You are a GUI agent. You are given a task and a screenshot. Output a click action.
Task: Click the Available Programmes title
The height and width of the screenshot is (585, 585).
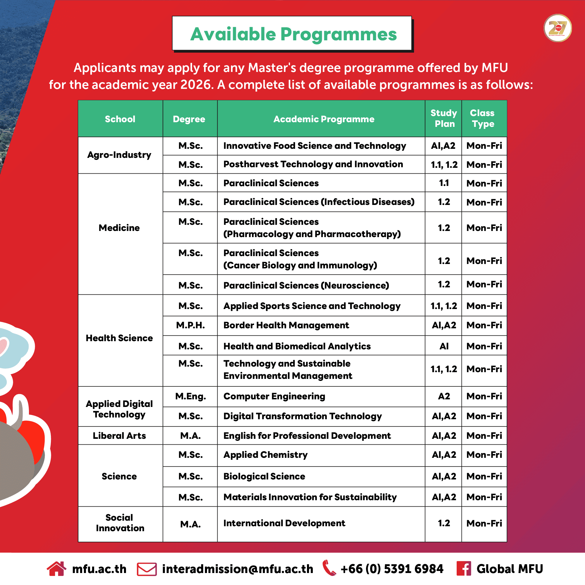pos(293,34)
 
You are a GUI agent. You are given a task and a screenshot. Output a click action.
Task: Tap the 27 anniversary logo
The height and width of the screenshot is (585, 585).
pos(558,28)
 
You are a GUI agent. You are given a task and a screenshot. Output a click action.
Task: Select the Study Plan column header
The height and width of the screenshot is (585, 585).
pos(444,118)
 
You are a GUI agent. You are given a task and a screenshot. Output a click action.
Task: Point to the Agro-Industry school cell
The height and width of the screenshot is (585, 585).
pos(119,155)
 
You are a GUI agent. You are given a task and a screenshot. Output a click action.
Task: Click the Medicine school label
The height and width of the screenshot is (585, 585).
pos(119,228)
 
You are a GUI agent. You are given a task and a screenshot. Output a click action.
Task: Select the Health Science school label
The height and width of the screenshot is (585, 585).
pos(119,338)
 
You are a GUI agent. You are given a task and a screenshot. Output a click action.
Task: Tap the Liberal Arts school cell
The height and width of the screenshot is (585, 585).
pos(119,435)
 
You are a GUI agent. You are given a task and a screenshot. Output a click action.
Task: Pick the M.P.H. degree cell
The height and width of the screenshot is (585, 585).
pos(190,325)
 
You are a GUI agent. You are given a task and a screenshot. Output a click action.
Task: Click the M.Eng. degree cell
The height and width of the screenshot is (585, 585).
pos(190,396)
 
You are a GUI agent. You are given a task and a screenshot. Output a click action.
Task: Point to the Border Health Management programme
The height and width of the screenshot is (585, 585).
pos(286,325)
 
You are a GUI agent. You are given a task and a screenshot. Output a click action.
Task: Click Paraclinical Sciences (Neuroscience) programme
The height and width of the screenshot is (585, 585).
pos(306,285)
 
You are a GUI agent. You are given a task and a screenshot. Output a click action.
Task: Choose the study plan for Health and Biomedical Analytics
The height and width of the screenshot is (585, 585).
pos(444,346)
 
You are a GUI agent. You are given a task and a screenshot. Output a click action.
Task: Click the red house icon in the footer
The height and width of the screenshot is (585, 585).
pos(56,568)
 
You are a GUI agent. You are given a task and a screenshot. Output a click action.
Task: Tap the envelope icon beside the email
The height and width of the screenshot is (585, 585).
pos(146,569)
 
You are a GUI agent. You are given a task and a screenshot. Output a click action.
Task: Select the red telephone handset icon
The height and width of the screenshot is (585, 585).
pos(329,568)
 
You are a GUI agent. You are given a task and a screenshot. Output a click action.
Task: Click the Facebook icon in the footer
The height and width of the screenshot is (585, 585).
pos(464,568)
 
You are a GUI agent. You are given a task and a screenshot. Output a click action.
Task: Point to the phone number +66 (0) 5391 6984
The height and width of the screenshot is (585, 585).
pos(392,569)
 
